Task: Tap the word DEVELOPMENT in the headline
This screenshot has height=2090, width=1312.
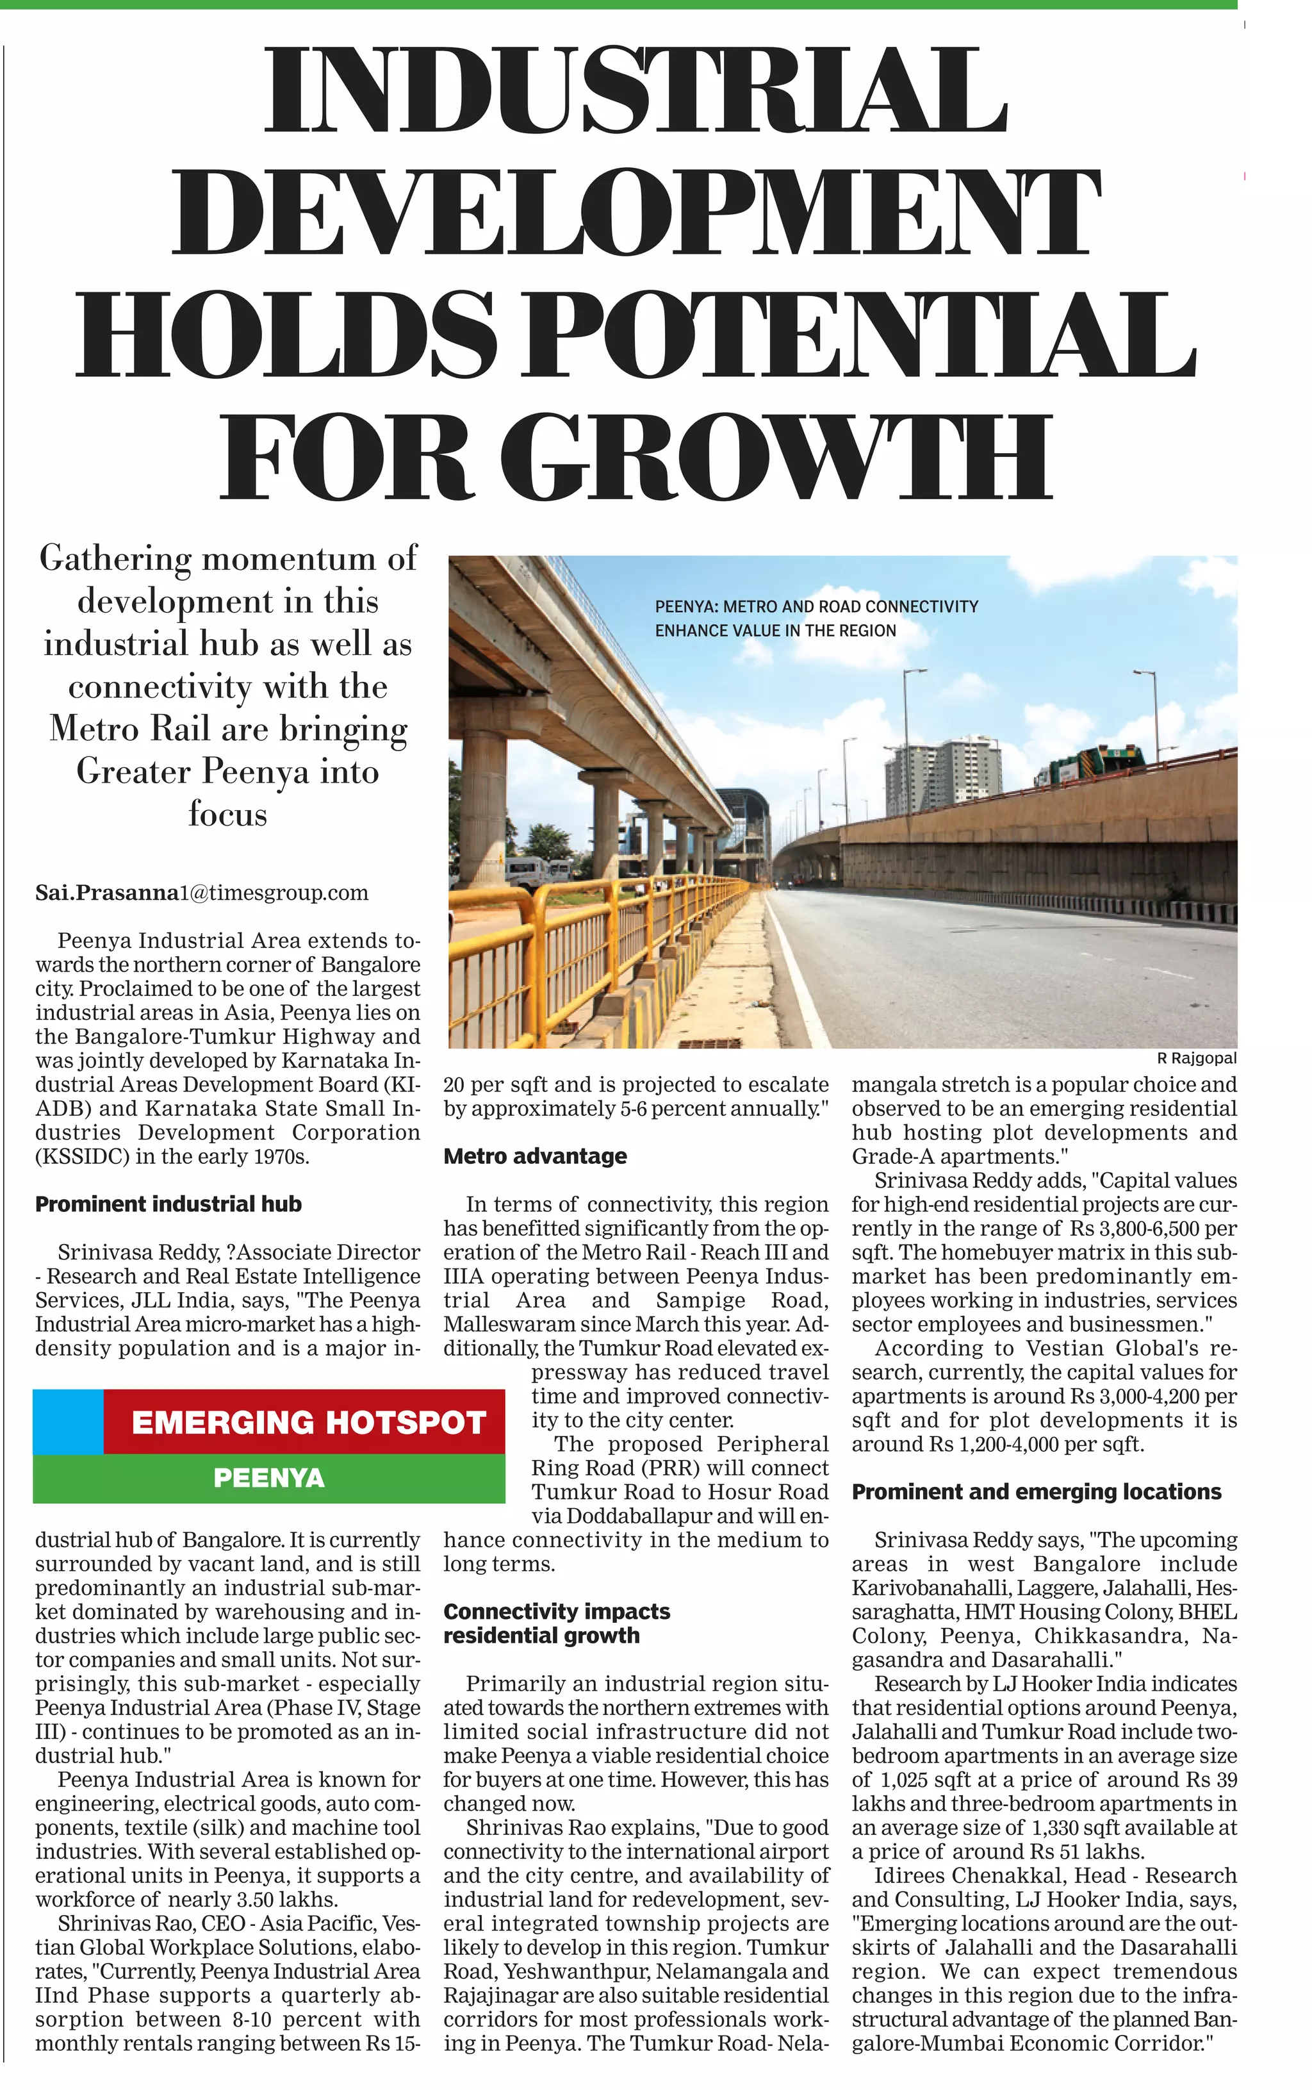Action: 636,213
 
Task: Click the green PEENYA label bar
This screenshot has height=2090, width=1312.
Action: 269,1478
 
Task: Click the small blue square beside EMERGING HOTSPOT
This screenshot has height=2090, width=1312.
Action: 68,1422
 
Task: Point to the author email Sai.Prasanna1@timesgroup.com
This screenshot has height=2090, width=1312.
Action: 201,893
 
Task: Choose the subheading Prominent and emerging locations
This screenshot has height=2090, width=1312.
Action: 1036,1492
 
